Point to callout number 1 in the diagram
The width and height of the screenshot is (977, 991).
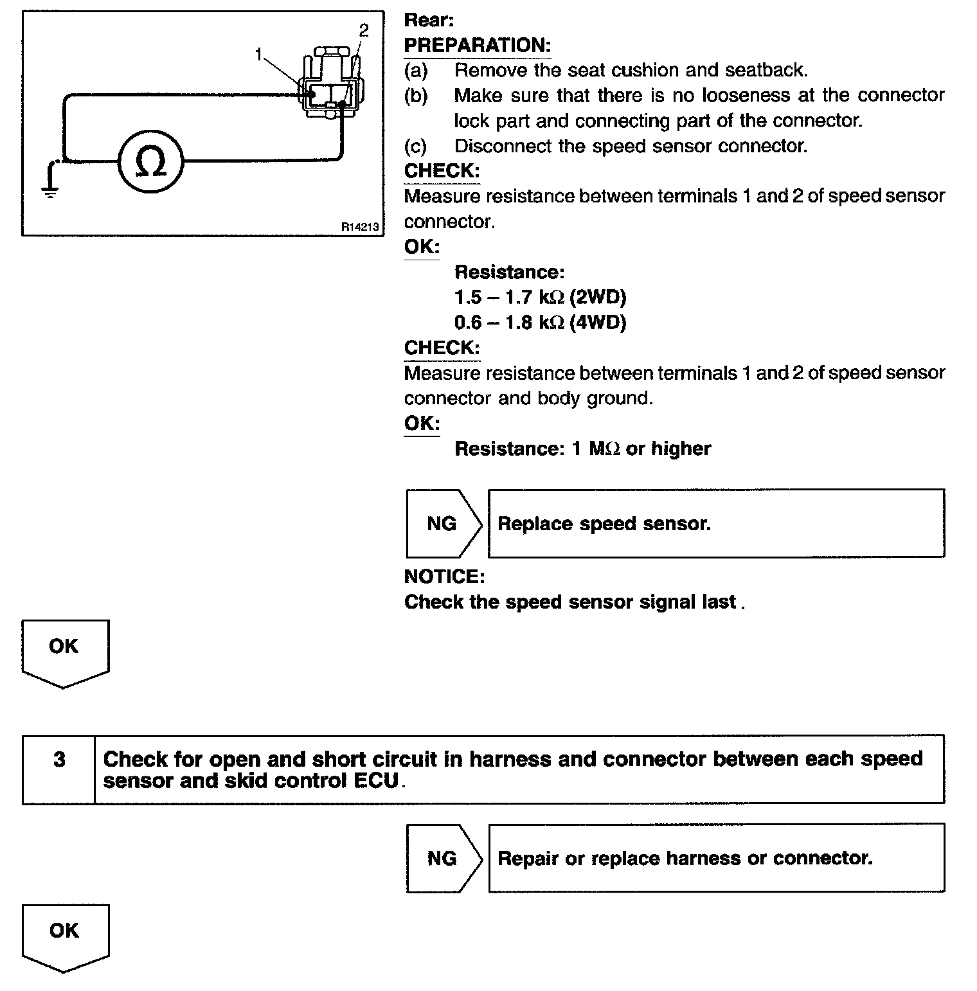coord(259,55)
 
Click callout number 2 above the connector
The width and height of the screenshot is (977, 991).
coord(364,30)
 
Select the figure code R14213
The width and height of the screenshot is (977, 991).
coord(360,227)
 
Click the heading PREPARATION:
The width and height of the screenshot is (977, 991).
coord(477,46)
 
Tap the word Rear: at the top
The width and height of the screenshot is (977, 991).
coord(429,21)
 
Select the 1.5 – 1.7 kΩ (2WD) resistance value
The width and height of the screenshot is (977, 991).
coord(540,297)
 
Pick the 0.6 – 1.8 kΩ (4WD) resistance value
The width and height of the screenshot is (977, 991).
coord(540,322)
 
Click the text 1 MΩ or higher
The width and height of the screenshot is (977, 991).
coord(641,449)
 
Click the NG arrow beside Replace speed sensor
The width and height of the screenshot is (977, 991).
coord(443,524)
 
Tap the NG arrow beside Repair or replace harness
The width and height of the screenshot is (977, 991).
coord(443,858)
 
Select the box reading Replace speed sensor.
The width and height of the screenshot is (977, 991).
coord(716,524)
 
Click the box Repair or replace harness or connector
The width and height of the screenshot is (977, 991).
coord(716,858)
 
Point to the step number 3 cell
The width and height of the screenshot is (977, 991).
coord(59,760)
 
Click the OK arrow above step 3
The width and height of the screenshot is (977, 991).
coord(65,650)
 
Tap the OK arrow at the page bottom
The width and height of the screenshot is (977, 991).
coord(65,935)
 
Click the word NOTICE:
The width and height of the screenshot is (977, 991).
coord(444,576)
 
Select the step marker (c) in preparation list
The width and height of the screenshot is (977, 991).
coord(415,147)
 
